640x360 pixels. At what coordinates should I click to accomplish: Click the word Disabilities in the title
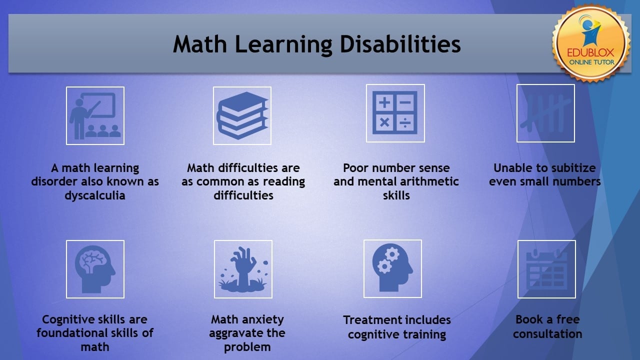(x=400, y=44)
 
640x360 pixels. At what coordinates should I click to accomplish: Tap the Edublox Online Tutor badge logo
(x=591, y=43)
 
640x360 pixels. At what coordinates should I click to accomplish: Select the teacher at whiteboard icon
(x=95, y=115)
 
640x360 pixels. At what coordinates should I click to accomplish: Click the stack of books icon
(x=242, y=115)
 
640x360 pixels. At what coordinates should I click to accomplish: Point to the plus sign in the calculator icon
(x=384, y=102)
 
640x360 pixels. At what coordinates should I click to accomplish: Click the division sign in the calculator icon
(x=405, y=123)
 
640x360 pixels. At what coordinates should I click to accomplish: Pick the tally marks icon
(x=545, y=113)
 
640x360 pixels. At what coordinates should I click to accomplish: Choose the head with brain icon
(x=95, y=269)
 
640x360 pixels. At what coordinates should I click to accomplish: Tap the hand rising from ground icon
(x=243, y=269)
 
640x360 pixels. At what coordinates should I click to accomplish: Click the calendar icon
(x=546, y=269)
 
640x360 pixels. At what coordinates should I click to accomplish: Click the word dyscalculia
(x=95, y=196)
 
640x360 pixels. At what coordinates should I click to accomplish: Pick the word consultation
(x=547, y=333)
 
